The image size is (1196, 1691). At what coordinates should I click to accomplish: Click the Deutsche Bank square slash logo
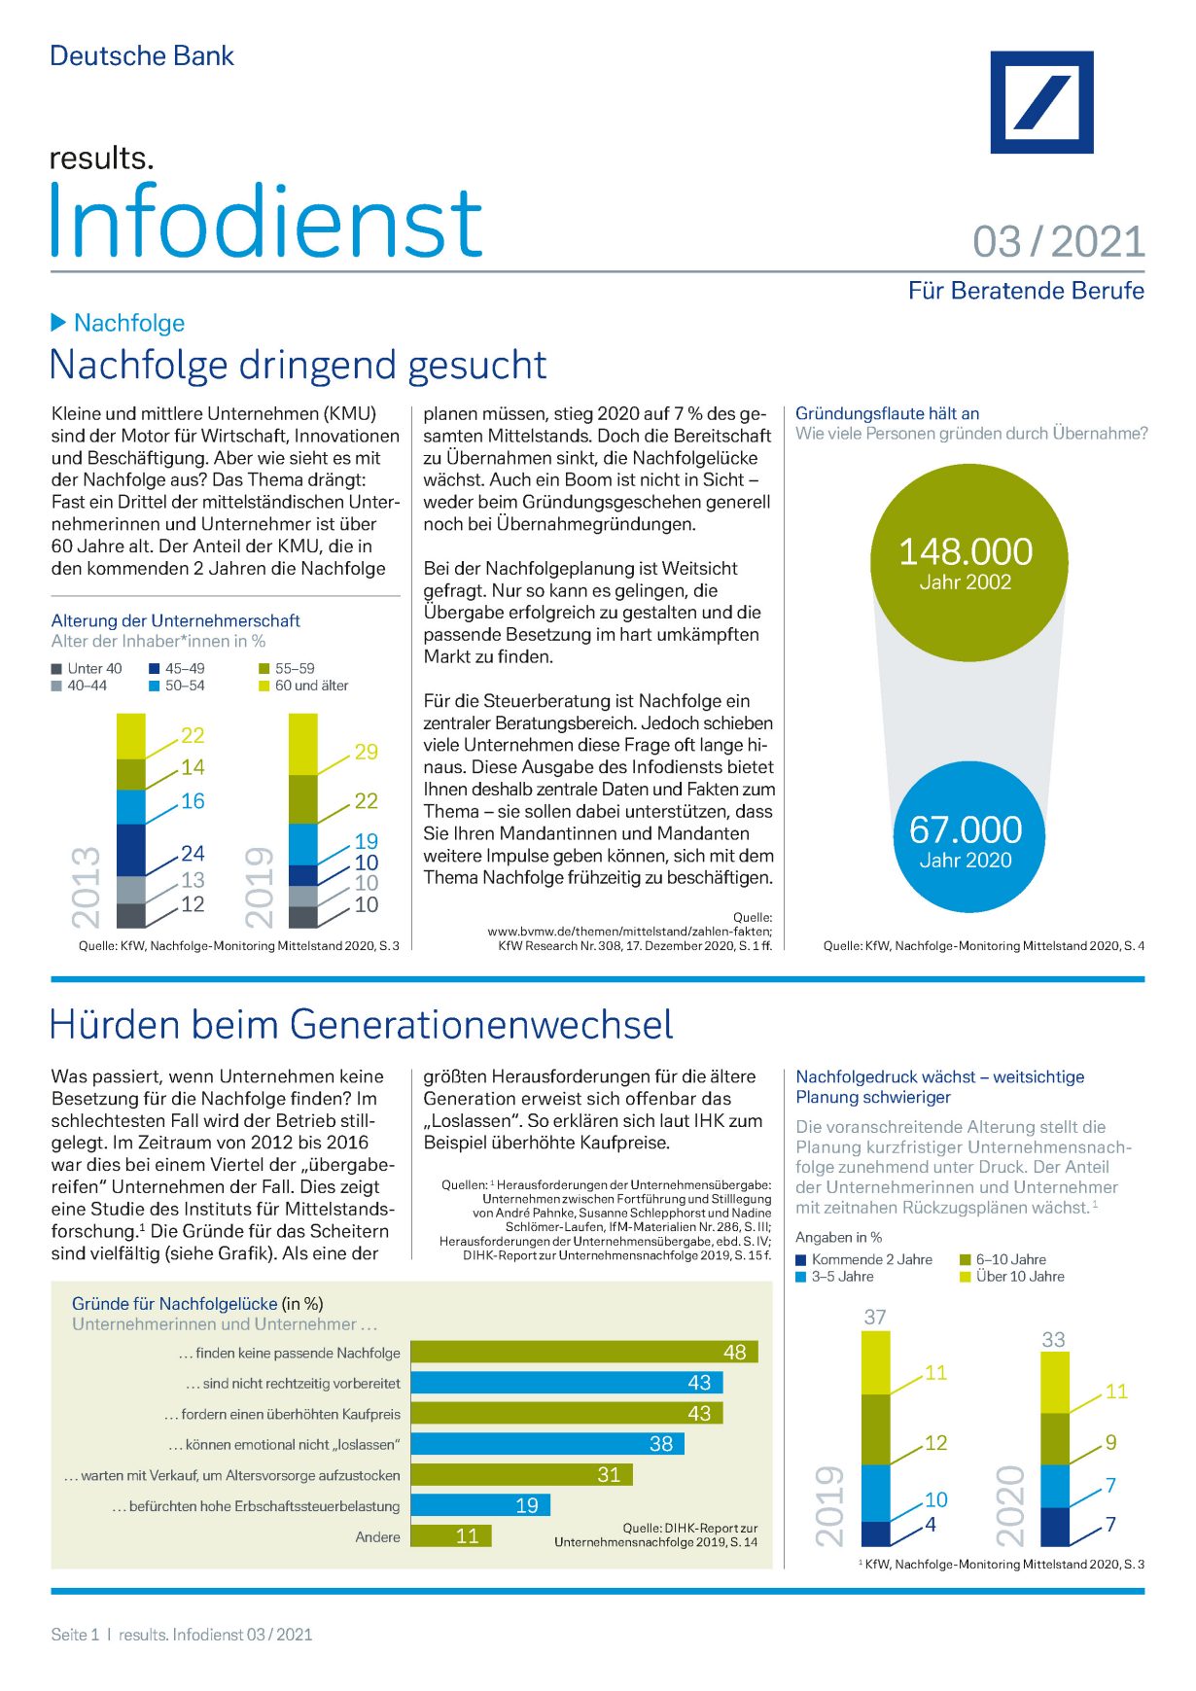click(1041, 102)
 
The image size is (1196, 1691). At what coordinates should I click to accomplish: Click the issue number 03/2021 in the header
click(1059, 242)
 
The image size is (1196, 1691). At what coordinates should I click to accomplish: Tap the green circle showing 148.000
click(967, 562)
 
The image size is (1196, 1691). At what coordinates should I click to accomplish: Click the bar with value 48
click(583, 1352)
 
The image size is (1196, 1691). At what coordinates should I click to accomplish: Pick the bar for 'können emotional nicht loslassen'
click(546, 1444)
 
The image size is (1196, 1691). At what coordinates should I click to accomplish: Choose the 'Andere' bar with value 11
click(450, 1535)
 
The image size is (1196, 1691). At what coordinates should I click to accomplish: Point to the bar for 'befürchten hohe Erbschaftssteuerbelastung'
click(480, 1505)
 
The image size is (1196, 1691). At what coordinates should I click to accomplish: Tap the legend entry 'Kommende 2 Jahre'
click(863, 1259)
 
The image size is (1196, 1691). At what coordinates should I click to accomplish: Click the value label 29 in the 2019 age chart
click(366, 752)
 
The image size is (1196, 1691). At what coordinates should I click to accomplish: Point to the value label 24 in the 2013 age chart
click(193, 853)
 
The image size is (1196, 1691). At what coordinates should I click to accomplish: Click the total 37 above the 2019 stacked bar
click(875, 1317)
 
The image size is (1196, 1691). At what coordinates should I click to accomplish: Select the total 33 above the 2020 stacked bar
click(1053, 1339)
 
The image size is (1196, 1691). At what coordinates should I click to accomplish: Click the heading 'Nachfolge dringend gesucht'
click(298, 366)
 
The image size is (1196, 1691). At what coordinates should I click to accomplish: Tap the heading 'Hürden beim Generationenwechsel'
click(361, 1025)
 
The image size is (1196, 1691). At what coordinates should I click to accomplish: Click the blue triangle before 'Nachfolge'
click(58, 322)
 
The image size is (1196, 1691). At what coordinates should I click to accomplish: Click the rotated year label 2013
click(86, 886)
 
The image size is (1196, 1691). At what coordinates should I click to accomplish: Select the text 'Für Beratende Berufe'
click(1026, 291)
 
